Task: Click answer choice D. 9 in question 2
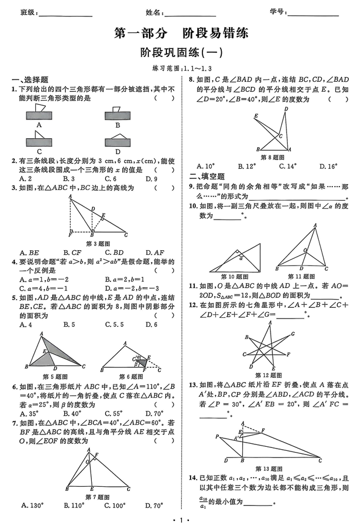(x=151, y=178)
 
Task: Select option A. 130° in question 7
(x=30, y=505)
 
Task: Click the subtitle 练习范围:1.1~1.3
(x=180, y=68)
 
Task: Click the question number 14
(x=192, y=477)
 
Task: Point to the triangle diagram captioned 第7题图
(x=96, y=470)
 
